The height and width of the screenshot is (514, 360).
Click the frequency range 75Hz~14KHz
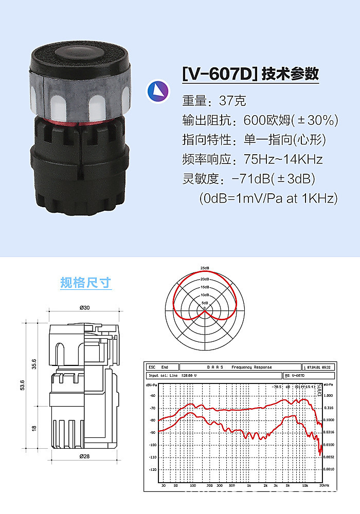click(x=283, y=159)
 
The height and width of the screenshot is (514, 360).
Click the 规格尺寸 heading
click(x=85, y=283)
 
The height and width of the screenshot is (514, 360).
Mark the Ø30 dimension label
click(x=85, y=307)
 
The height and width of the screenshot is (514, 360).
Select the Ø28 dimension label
click(x=85, y=456)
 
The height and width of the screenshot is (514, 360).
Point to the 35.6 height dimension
click(x=34, y=363)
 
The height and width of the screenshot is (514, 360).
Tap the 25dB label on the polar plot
click(x=205, y=269)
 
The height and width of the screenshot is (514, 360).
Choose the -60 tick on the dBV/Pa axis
click(x=152, y=395)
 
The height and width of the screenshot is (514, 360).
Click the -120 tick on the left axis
click(x=152, y=469)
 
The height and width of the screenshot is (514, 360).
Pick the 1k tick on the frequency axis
click(x=248, y=485)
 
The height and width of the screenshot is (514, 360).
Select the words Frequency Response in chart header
click(x=251, y=367)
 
